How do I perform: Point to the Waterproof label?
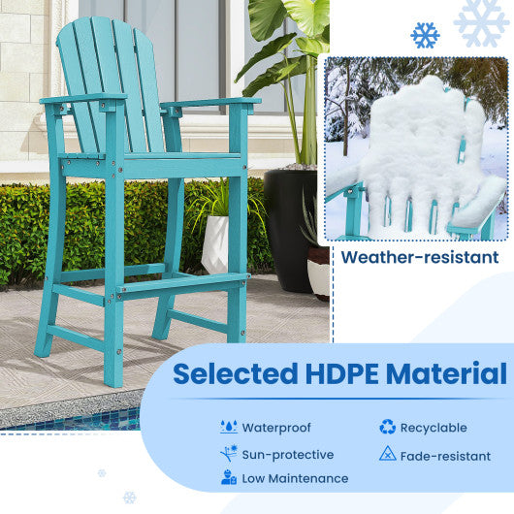click(x=277, y=427)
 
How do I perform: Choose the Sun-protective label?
click(x=287, y=454)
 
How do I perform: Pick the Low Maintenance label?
click(x=295, y=478)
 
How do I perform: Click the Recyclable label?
click(x=434, y=427)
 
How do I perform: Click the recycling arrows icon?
click(x=387, y=427)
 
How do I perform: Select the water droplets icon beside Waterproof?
click(x=229, y=427)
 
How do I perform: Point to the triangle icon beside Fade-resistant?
click(x=387, y=453)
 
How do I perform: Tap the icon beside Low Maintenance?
click(x=229, y=478)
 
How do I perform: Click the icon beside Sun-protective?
click(x=229, y=453)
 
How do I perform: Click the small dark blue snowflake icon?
click(x=425, y=36)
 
